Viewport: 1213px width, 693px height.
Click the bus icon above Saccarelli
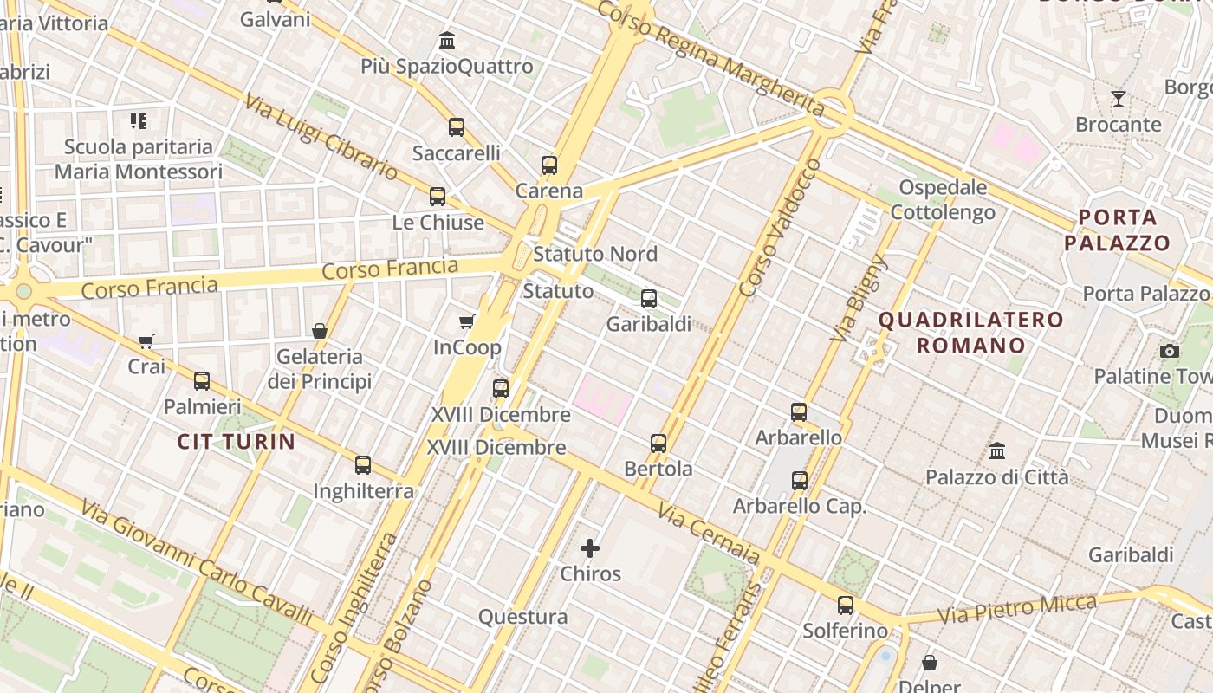[x=457, y=127]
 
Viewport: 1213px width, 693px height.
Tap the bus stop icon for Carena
[x=548, y=165]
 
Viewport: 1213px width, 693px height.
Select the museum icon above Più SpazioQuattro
[x=447, y=40]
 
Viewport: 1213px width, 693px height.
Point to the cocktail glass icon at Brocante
[x=1119, y=98]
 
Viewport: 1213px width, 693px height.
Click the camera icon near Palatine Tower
[x=1170, y=351]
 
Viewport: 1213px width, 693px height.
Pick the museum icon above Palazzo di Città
[x=997, y=451]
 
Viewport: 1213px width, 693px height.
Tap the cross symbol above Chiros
[x=590, y=547]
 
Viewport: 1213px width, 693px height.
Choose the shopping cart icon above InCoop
[x=467, y=322]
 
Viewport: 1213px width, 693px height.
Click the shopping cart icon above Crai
[x=146, y=341]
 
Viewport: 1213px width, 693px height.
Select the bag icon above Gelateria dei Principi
[x=320, y=330]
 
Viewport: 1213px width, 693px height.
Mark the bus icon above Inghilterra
[x=363, y=465]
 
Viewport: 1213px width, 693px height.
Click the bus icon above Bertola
[x=658, y=444]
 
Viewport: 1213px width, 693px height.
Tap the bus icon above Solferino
[x=845, y=606]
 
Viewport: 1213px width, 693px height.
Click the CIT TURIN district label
[x=237, y=442]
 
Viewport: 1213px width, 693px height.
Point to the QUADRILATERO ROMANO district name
[x=971, y=333]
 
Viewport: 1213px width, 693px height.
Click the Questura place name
[x=523, y=617]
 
